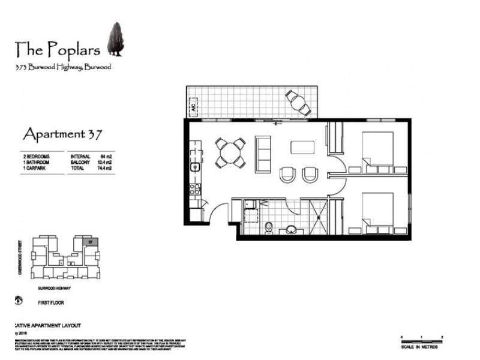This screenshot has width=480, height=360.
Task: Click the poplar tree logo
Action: [x=115, y=40]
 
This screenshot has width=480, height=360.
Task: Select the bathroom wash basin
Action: [x=292, y=229]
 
